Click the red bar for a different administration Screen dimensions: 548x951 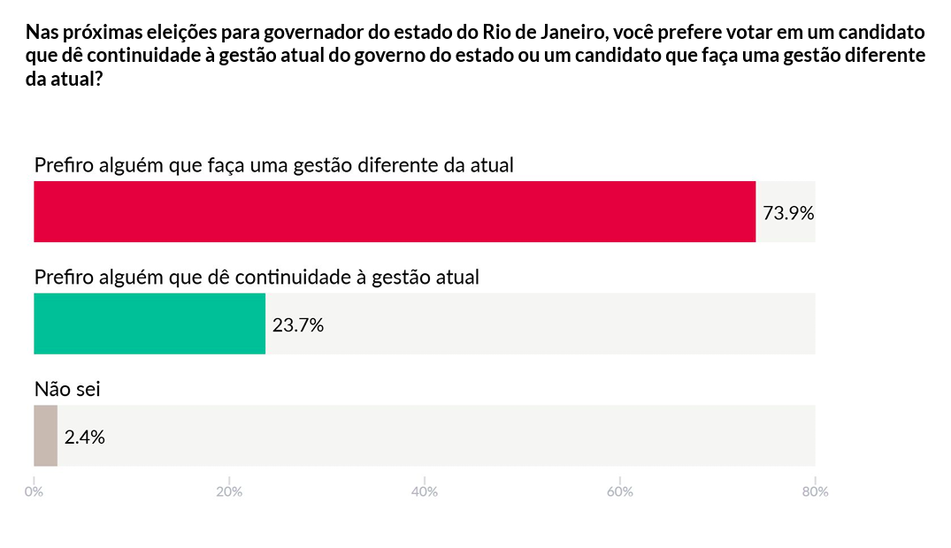[395, 212]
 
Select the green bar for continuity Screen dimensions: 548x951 [150, 323]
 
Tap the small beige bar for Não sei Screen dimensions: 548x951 [45, 436]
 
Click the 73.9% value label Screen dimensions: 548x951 [787, 213]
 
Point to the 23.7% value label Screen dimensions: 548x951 [298, 325]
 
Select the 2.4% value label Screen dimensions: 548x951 [85, 437]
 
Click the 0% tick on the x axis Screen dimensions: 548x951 [34, 492]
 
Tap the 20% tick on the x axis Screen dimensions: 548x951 [229, 492]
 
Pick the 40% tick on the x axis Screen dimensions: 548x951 [425, 492]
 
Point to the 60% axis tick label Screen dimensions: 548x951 [620, 492]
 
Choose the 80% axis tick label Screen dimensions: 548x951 [815, 492]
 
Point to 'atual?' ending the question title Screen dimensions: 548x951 [76, 78]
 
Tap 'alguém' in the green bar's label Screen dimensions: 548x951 [134, 277]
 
